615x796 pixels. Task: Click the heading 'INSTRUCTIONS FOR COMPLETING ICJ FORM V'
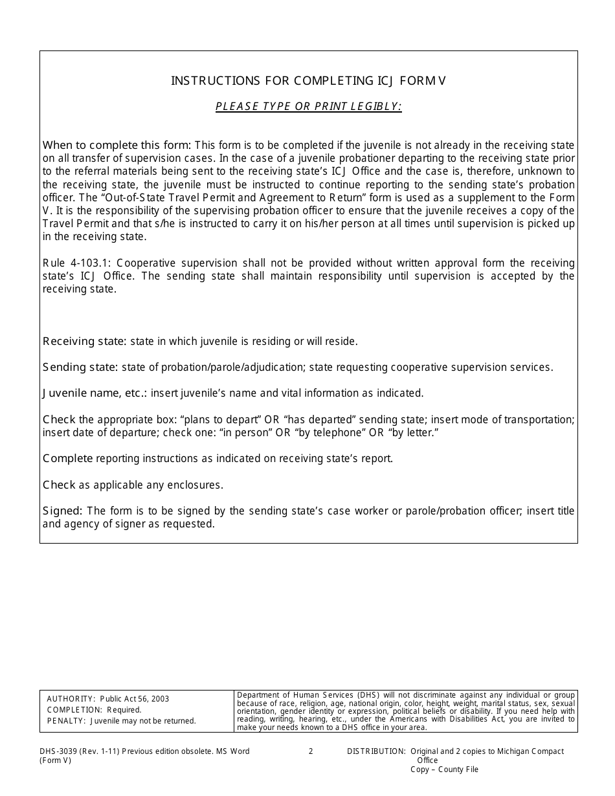click(x=308, y=81)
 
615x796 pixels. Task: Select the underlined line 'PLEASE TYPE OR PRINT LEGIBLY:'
click(x=308, y=107)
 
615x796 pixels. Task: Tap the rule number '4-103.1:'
click(x=84, y=263)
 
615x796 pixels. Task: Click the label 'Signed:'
click(x=62, y=511)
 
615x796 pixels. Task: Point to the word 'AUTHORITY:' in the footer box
click(x=71, y=699)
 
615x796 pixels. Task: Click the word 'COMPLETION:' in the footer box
click(x=74, y=710)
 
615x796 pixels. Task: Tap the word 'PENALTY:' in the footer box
click(x=66, y=721)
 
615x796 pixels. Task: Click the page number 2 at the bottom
click(x=311, y=751)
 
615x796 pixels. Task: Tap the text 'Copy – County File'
click(x=444, y=769)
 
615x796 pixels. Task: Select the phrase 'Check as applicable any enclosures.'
click(x=133, y=485)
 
